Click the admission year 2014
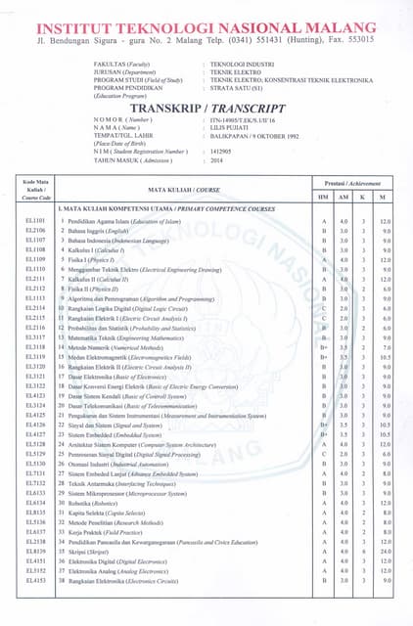217,160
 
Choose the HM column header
324,197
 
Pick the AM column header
343,197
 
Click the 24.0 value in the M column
385,551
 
